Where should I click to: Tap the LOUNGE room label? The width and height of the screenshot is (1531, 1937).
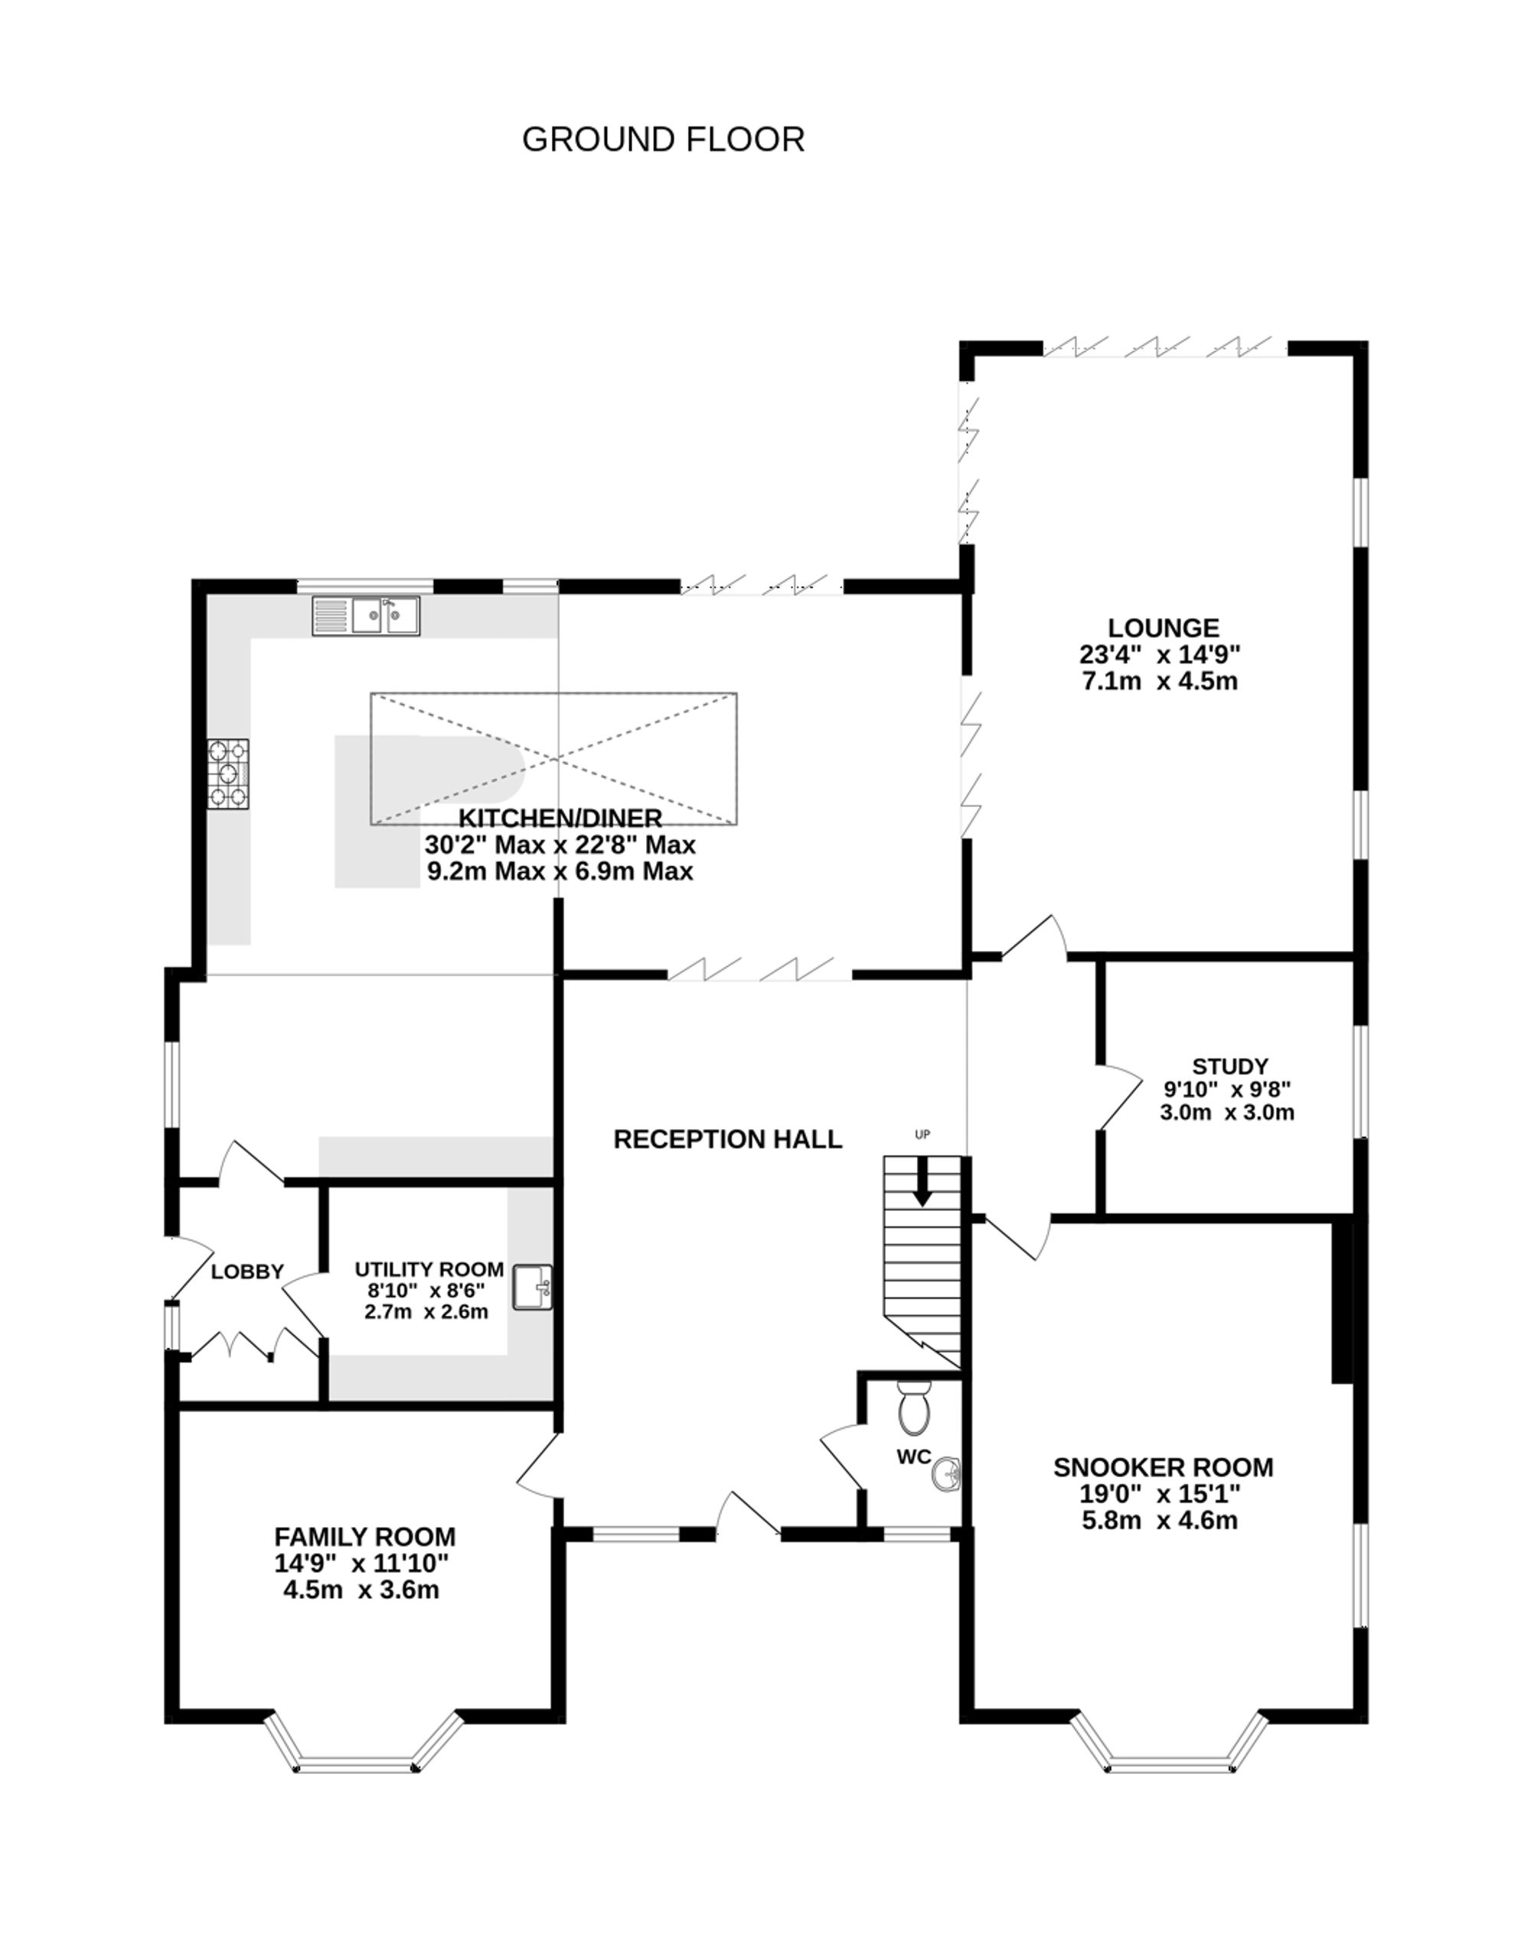1163,628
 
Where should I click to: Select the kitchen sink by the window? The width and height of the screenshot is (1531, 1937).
366,617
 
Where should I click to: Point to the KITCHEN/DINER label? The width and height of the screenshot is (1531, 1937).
560,818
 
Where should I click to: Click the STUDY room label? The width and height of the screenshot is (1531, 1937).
1230,1066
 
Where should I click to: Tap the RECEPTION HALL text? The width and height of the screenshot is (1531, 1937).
728,1140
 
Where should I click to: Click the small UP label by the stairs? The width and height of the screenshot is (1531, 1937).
922,1135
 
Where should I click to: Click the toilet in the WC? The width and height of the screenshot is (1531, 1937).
914,1408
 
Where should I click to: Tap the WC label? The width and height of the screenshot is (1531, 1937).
914,1457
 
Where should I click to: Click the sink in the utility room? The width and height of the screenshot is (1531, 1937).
533,1288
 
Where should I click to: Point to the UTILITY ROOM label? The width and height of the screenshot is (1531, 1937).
429,1270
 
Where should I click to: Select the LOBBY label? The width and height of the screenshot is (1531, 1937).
247,1272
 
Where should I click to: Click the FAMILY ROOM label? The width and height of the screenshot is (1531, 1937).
365,1538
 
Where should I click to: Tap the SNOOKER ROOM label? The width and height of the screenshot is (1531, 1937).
1163,1467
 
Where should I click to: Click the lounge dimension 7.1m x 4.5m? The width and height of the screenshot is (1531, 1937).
1160,681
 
